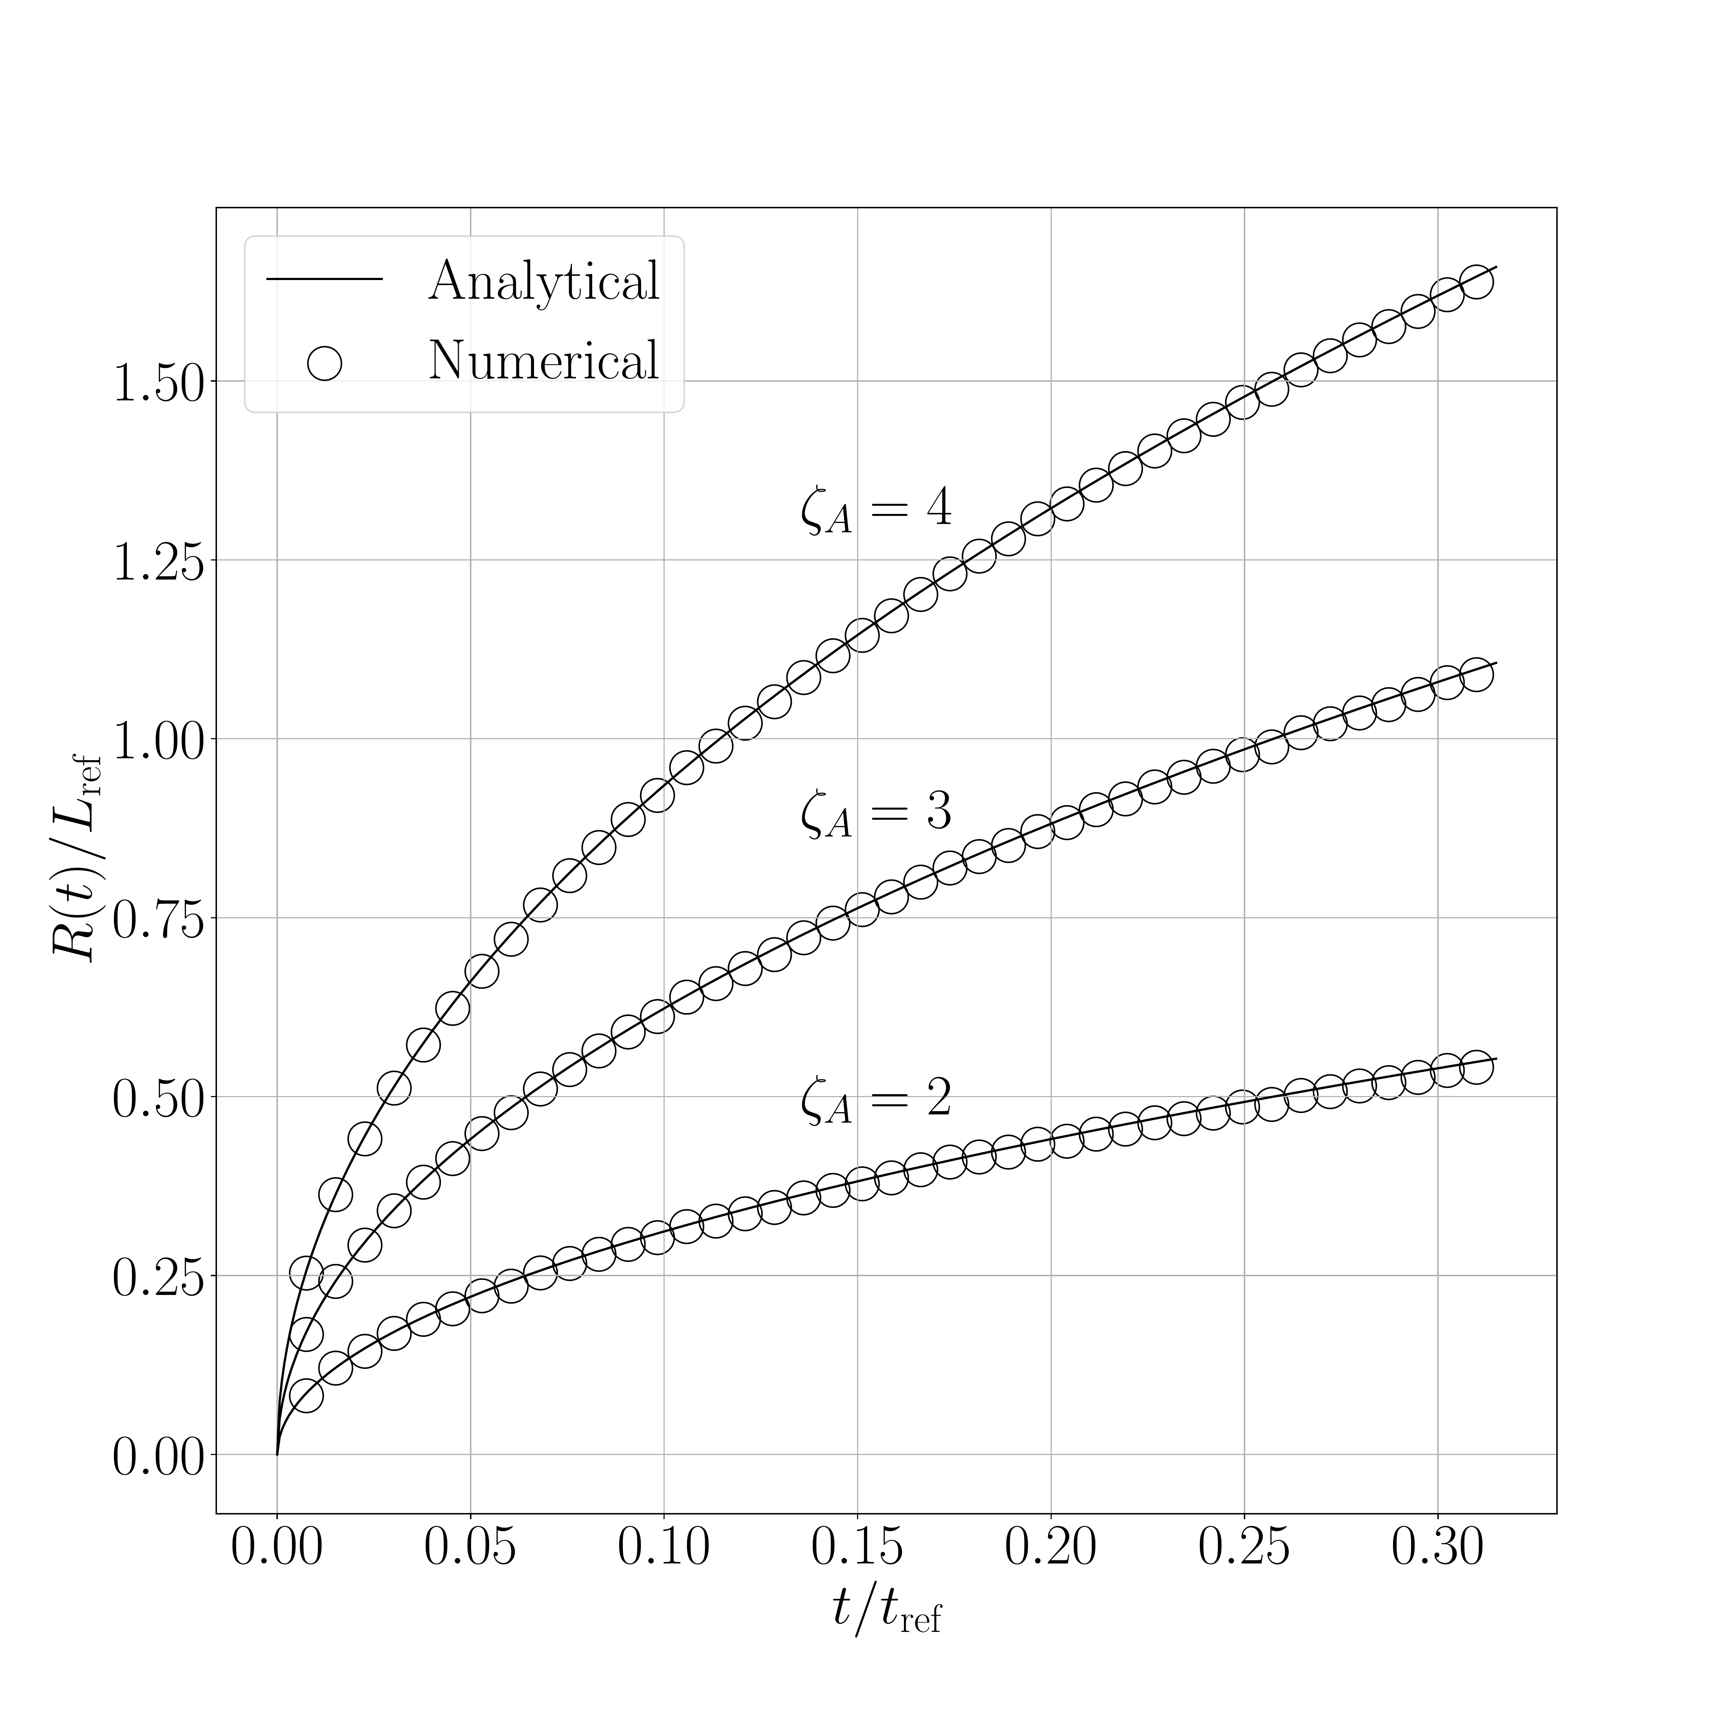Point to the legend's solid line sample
click(x=324, y=279)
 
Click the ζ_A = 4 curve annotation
click(x=876, y=510)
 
